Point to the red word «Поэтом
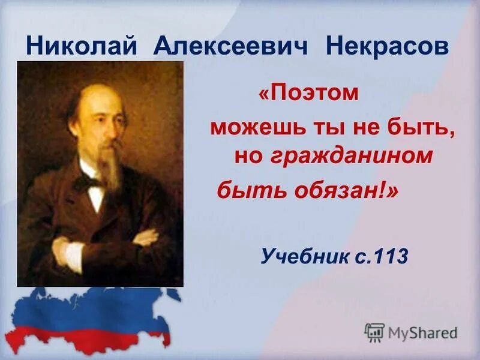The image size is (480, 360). coord(308,94)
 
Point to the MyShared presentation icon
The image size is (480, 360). coord(374,332)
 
